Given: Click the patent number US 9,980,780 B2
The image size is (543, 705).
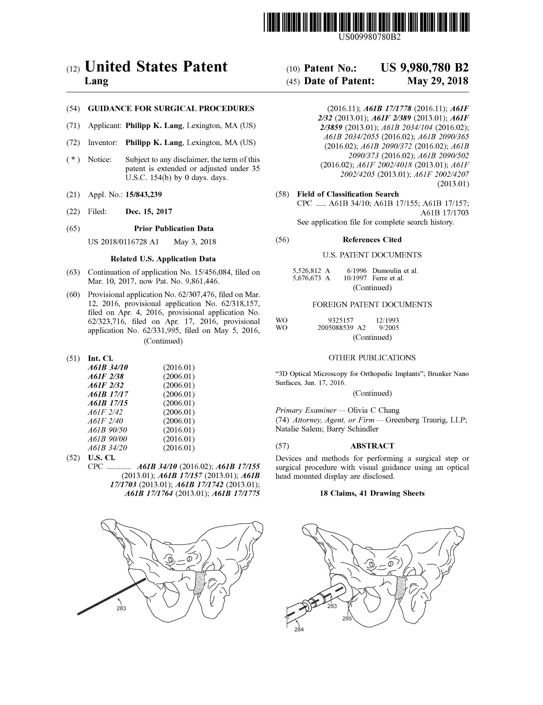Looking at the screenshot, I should (x=424, y=68).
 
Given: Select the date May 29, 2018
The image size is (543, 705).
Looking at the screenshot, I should (x=437, y=81).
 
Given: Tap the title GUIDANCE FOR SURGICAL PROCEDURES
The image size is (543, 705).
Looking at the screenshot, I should (x=171, y=108).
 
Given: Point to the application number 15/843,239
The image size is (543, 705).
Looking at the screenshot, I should (x=144, y=194).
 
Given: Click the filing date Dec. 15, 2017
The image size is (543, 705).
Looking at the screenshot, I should (x=149, y=211).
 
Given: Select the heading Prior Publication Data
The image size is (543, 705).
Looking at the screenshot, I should (x=173, y=228).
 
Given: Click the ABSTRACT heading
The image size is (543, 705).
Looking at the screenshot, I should (x=372, y=446).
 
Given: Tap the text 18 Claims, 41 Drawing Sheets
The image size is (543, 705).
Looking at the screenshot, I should (x=372, y=493).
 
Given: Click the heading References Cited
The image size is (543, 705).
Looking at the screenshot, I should (x=372, y=239).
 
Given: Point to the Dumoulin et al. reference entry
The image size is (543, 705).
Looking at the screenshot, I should (x=395, y=271).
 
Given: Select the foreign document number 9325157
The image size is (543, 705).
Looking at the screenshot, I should (x=341, y=320).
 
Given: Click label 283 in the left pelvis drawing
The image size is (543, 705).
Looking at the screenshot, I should (x=121, y=608).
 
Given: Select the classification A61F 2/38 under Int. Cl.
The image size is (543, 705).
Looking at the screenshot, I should (x=106, y=376).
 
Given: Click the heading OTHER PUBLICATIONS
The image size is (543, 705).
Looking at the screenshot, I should (x=372, y=358).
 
